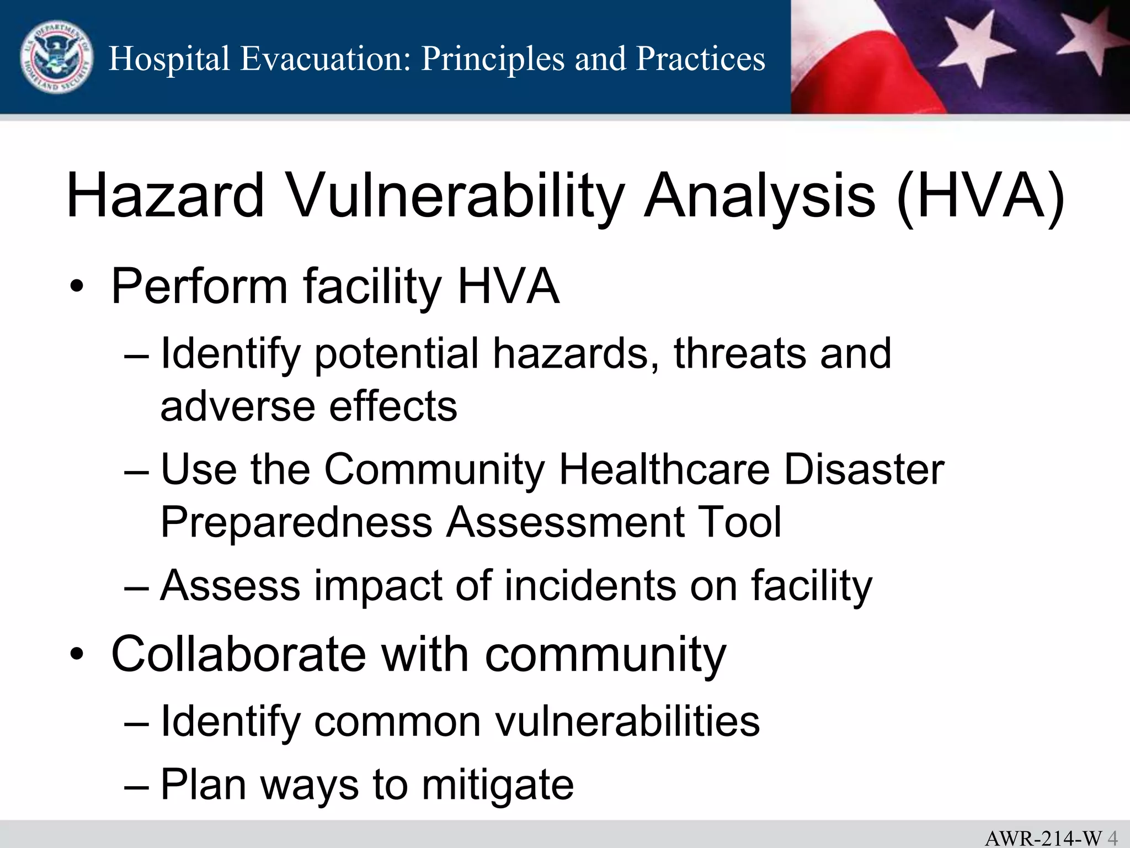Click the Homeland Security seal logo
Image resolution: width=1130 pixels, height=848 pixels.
coord(56,57)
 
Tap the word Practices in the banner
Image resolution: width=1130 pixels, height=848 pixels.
coord(700,59)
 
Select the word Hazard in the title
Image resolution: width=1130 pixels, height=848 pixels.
coord(166,196)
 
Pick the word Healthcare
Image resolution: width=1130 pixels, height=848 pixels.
coord(664,469)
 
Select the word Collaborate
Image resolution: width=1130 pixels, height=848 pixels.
coord(238,654)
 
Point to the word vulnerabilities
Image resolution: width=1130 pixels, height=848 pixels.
coord(627,721)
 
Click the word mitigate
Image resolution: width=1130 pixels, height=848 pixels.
coord(498,785)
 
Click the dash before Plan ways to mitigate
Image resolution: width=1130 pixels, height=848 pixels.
coord(136,785)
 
